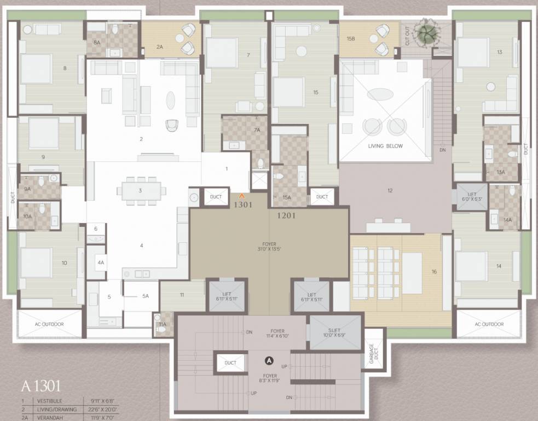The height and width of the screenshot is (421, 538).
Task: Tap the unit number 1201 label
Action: (286, 215)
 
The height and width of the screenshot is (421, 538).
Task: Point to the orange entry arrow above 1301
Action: (241, 195)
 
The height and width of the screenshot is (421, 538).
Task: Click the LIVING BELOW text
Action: (386, 146)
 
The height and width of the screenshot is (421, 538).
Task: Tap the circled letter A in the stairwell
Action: (269, 360)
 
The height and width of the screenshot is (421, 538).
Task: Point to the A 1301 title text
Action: (41, 386)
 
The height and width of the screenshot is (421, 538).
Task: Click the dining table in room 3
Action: (141, 191)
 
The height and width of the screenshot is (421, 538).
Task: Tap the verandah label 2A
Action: (160, 47)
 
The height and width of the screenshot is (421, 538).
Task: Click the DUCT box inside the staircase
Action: (230, 362)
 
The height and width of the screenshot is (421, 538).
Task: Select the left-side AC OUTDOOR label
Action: (49, 325)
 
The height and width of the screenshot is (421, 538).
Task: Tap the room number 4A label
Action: (101, 263)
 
